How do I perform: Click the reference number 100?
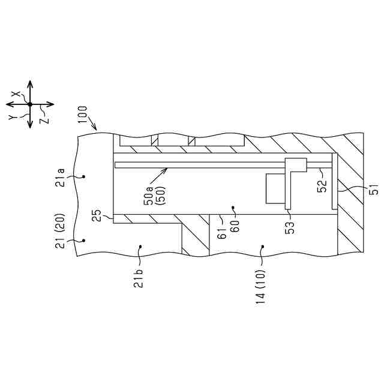[x=83, y=115]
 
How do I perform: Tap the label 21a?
[x=61, y=178]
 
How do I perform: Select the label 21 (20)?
[x=60, y=231]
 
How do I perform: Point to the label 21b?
[x=139, y=278]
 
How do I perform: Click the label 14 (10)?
[x=260, y=287]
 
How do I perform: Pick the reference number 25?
[x=97, y=215]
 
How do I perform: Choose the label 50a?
[x=149, y=196]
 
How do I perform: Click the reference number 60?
[x=235, y=226]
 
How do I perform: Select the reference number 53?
[x=290, y=228]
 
